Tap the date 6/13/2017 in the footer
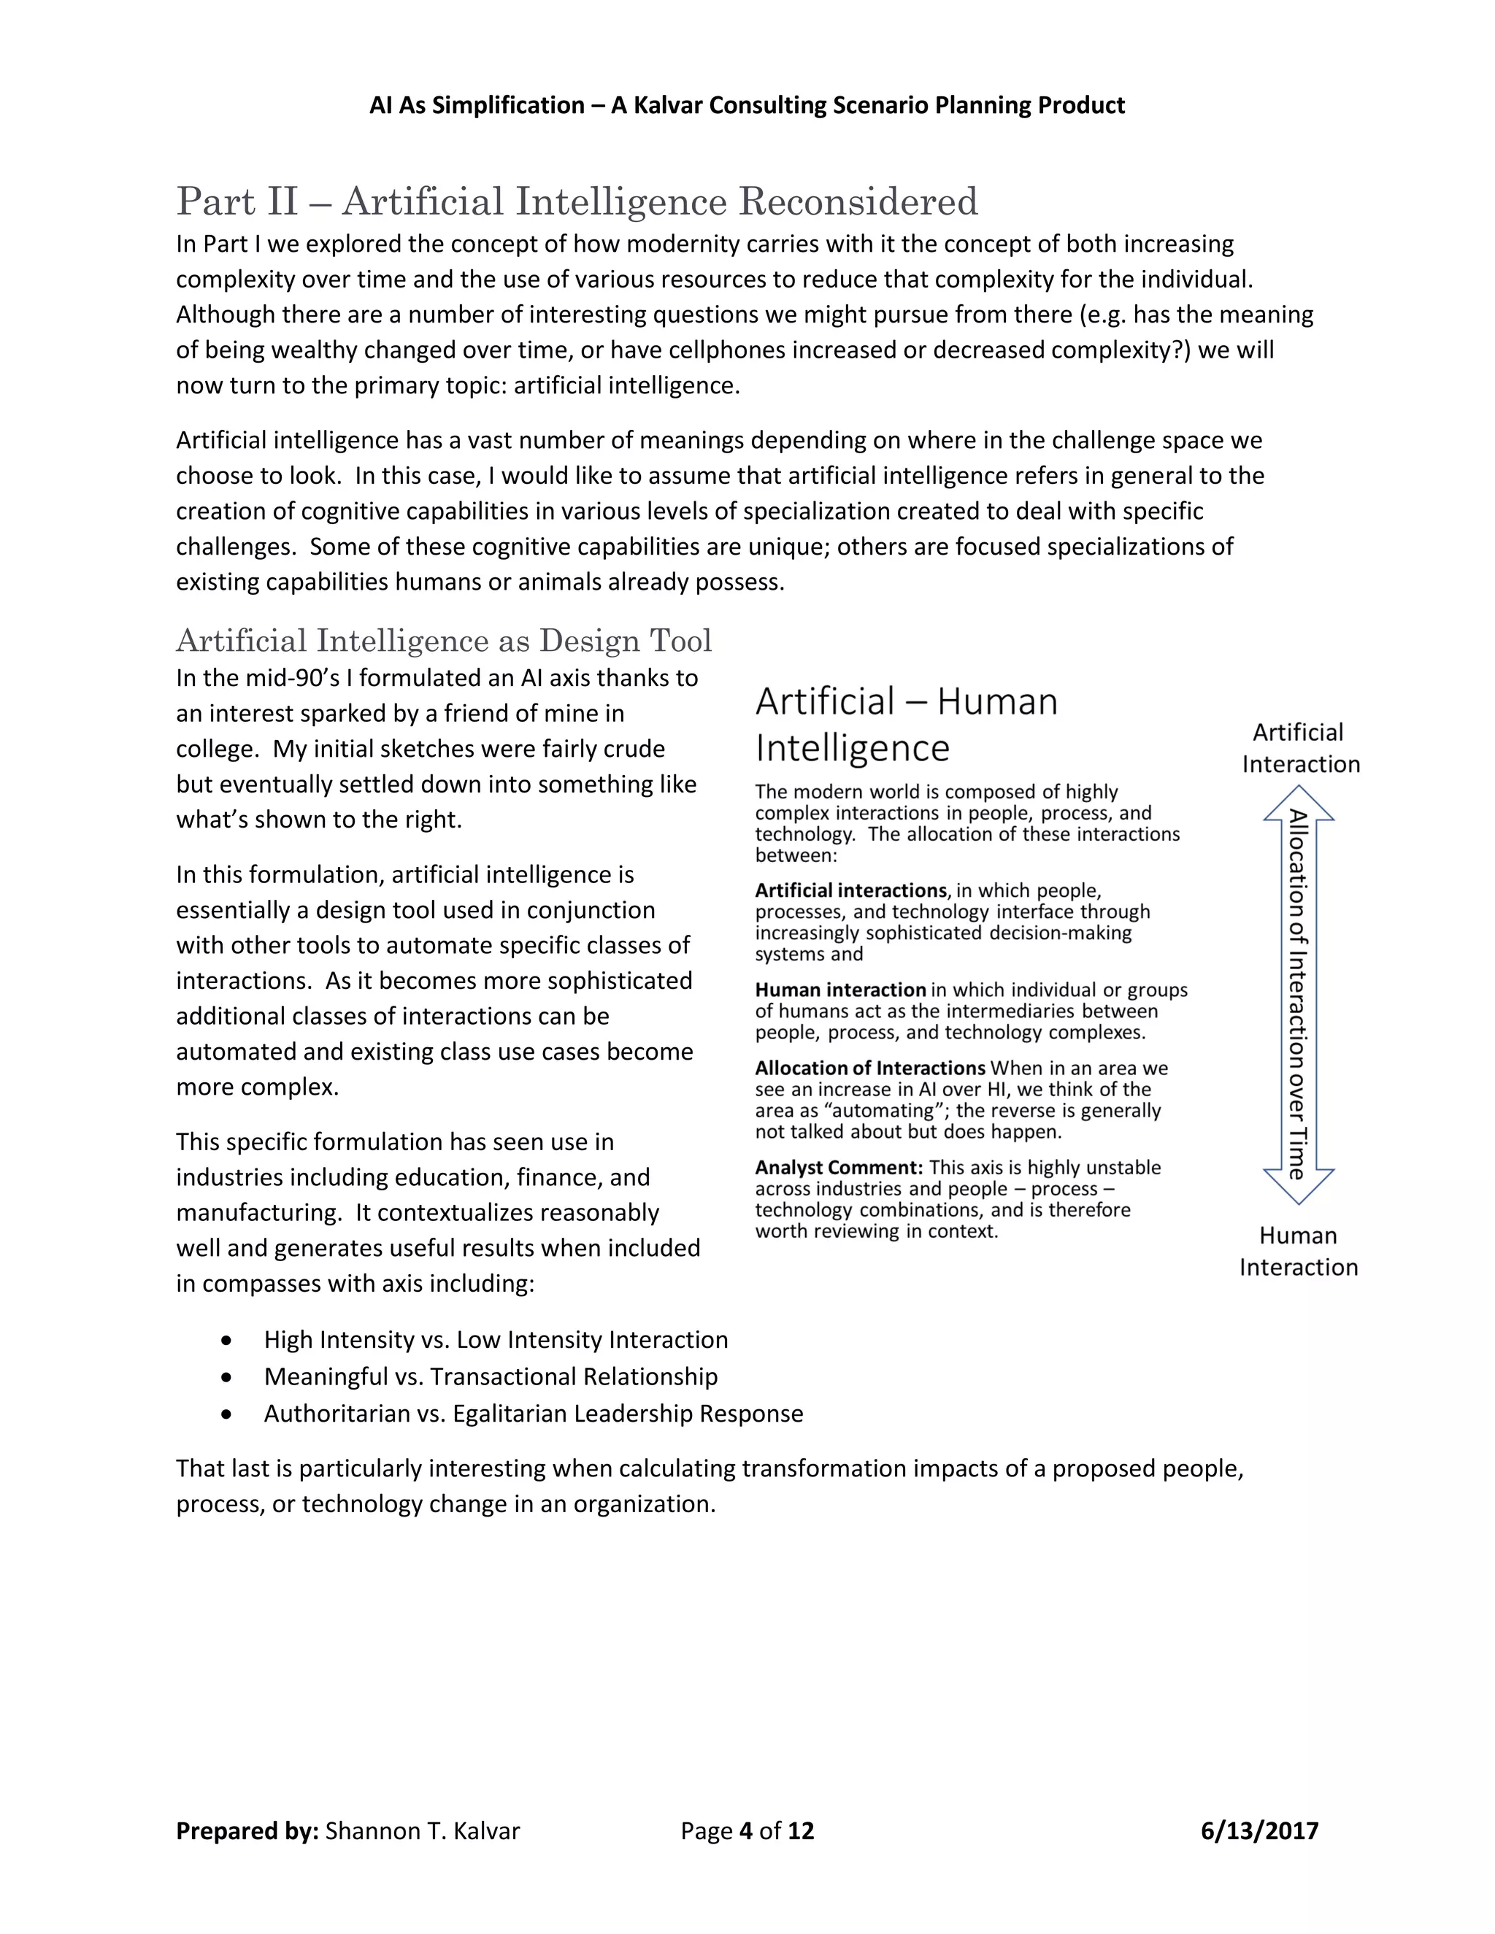pos(1258,1830)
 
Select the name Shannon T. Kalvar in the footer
pos(423,1830)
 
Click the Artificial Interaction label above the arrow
pos(1299,748)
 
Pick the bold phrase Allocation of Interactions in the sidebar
pos(869,1068)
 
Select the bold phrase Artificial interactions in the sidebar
pos(850,890)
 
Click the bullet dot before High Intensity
pos(228,1341)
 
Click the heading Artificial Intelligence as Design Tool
pos(444,640)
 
